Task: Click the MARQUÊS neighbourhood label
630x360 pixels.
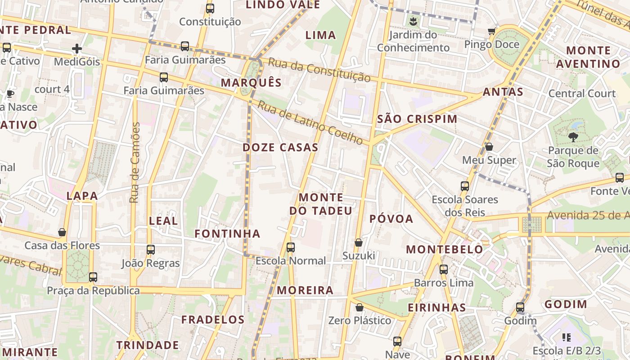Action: click(x=251, y=83)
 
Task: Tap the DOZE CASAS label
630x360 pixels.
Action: click(x=280, y=148)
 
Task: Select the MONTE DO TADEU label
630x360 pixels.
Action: click(x=321, y=204)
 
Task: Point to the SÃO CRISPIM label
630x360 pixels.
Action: click(x=417, y=119)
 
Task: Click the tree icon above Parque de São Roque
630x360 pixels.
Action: click(x=573, y=137)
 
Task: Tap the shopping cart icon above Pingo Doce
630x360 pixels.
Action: click(x=491, y=31)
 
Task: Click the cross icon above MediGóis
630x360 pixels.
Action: click(x=77, y=49)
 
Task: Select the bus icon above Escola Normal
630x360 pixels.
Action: click(x=291, y=247)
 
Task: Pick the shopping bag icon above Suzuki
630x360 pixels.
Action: click(x=359, y=243)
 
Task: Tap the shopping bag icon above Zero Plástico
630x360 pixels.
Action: click(x=360, y=307)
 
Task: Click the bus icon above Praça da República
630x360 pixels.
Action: click(x=93, y=277)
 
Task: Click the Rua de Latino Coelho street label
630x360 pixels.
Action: click(x=310, y=122)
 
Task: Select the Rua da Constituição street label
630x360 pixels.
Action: click(x=319, y=70)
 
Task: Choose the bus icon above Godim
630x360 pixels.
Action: click(x=520, y=308)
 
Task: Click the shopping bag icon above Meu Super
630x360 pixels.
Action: click(x=489, y=147)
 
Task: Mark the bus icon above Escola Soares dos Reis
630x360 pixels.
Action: click(x=465, y=186)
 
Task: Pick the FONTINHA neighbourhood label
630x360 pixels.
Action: click(x=227, y=234)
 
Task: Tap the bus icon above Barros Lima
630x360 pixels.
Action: click(x=444, y=270)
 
